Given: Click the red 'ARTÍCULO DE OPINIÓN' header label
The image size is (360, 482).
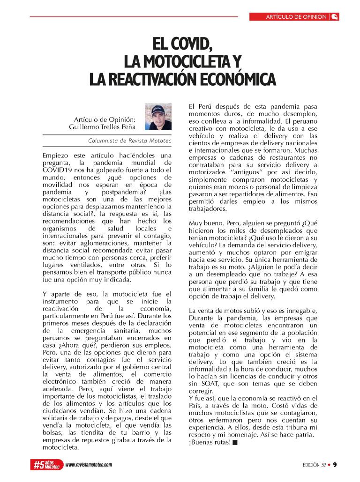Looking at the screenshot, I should (296, 17).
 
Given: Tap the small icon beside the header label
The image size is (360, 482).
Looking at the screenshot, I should (335, 17).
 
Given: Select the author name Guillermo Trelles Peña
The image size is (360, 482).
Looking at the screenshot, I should (102, 126).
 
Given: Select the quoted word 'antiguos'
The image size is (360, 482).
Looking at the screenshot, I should (237, 172).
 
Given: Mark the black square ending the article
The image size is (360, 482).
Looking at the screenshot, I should (235, 442).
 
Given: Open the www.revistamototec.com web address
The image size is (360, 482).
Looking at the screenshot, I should (89, 465).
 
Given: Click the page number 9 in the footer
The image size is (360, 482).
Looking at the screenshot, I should (335, 465).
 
